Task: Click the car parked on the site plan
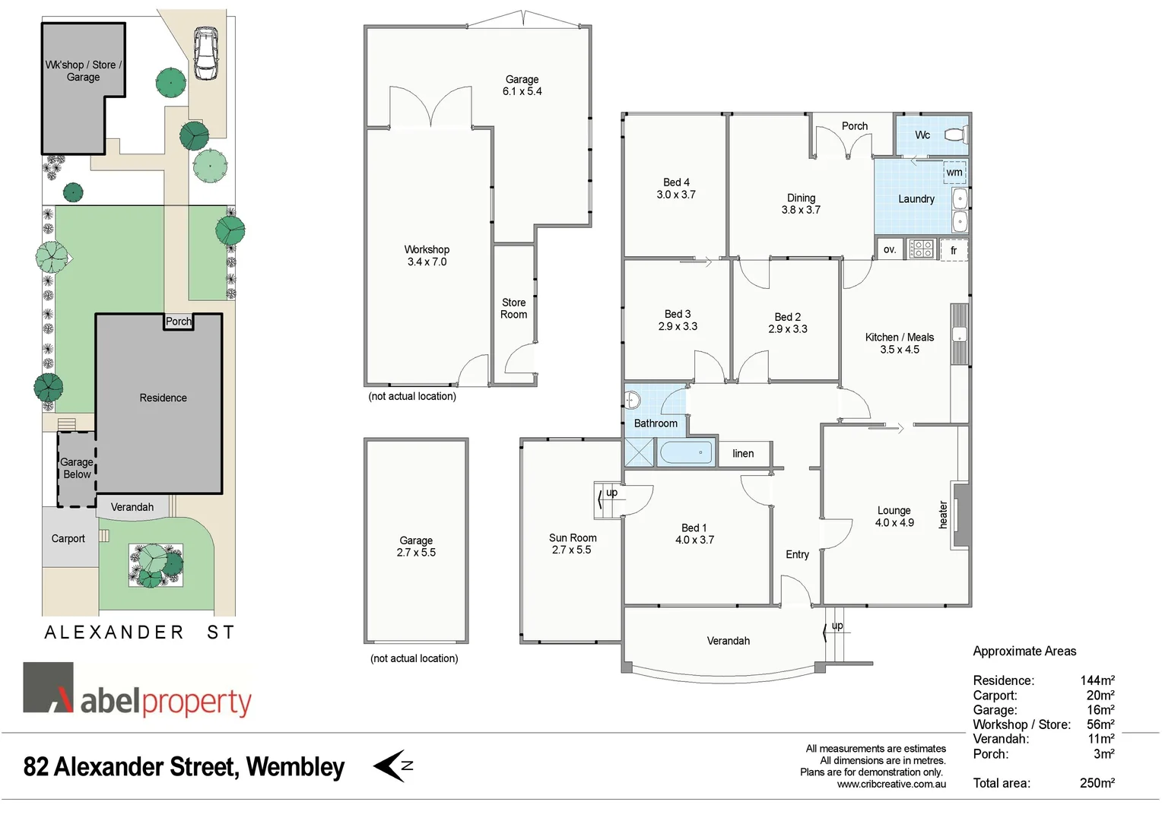[205, 54]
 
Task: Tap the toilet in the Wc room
[956, 135]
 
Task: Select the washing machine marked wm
[954, 173]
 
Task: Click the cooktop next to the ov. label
[921, 249]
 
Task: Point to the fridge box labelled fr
[954, 250]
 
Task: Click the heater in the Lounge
[961, 515]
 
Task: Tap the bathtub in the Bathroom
[686, 453]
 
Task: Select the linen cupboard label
[743, 454]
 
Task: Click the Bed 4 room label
[676, 182]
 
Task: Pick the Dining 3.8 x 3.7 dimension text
[801, 210]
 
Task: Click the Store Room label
[513, 309]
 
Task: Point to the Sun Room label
[573, 537]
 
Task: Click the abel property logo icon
[49, 687]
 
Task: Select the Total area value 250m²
[1097, 783]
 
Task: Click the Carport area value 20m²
[1100, 696]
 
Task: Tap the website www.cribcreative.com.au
[891, 785]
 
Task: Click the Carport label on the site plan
[68, 539]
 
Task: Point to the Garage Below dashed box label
[77, 468]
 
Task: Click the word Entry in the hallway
[797, 555]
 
